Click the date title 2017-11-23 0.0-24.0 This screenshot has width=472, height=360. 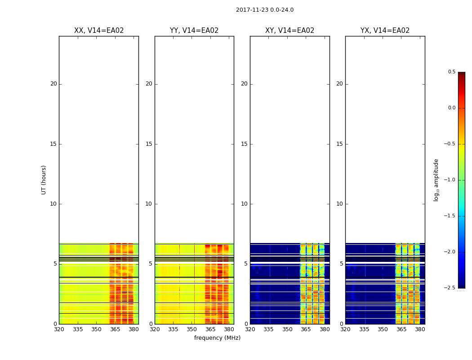[x=264, y=10]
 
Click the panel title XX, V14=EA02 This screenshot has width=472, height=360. [x=99, y=31]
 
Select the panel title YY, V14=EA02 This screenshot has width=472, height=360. [x=194, y=31]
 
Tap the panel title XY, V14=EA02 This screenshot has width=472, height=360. [x=289, y=31]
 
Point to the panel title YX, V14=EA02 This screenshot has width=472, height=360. [x=385, y=31]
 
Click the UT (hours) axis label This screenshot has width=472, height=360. [x=44, y=180]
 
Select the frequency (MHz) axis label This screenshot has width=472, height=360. [x=217, y=338]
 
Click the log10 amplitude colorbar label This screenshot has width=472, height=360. [x=436, y=180]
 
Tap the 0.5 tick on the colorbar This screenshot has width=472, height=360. [x=451, y=72]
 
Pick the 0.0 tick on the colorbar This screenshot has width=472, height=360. [x=451, y=108]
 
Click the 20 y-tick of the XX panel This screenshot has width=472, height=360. [x=53, y=84]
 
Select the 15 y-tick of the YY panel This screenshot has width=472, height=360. [x=149, y=144]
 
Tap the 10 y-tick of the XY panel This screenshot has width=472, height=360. [x=244, y=204]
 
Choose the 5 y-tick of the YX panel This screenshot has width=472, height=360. [x=341, y=264]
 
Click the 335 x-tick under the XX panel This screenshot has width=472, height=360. [x=78, y=329]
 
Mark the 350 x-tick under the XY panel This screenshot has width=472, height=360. [x=287, y=329]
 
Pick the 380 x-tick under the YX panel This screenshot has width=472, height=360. [x=420, y=329]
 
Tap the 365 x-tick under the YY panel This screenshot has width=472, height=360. [x=210, y=329]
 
